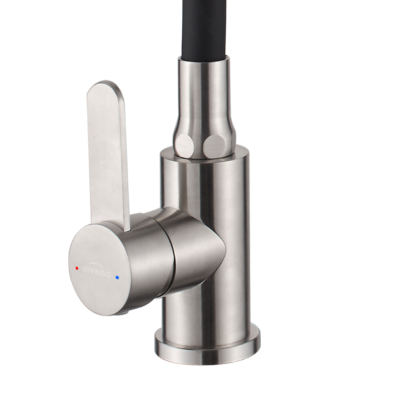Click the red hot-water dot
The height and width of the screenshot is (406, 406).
[77, 268]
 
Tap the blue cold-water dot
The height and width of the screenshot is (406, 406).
[117, 278]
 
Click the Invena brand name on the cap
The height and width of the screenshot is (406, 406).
[96, 270]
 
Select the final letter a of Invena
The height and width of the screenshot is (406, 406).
[108, 275]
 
